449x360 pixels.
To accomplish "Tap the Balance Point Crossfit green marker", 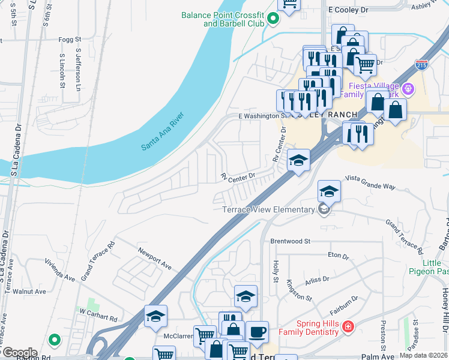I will pyautogui.click(x=273, y=19).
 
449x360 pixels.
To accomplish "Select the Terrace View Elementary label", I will pyautogui.click(x=268, y=209).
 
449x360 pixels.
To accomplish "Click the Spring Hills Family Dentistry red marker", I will pyautogui.click(x=348, y=327).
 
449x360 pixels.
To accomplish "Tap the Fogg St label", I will pyautogui.click(x=65, y=40).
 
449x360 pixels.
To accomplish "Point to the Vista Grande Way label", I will pyautogui.click(x=370, y=182).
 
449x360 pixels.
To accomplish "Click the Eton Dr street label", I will pyautogui.click(x=339, y=256).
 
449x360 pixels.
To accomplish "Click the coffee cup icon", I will pyautogui.click(x=257, y=332).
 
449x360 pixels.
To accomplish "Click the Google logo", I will pyautogui.click(x=19, y=353).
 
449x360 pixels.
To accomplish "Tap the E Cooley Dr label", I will pyautogui.click(x=348, y=10).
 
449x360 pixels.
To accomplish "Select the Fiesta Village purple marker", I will pyautogui.click(x=409, y=89).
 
